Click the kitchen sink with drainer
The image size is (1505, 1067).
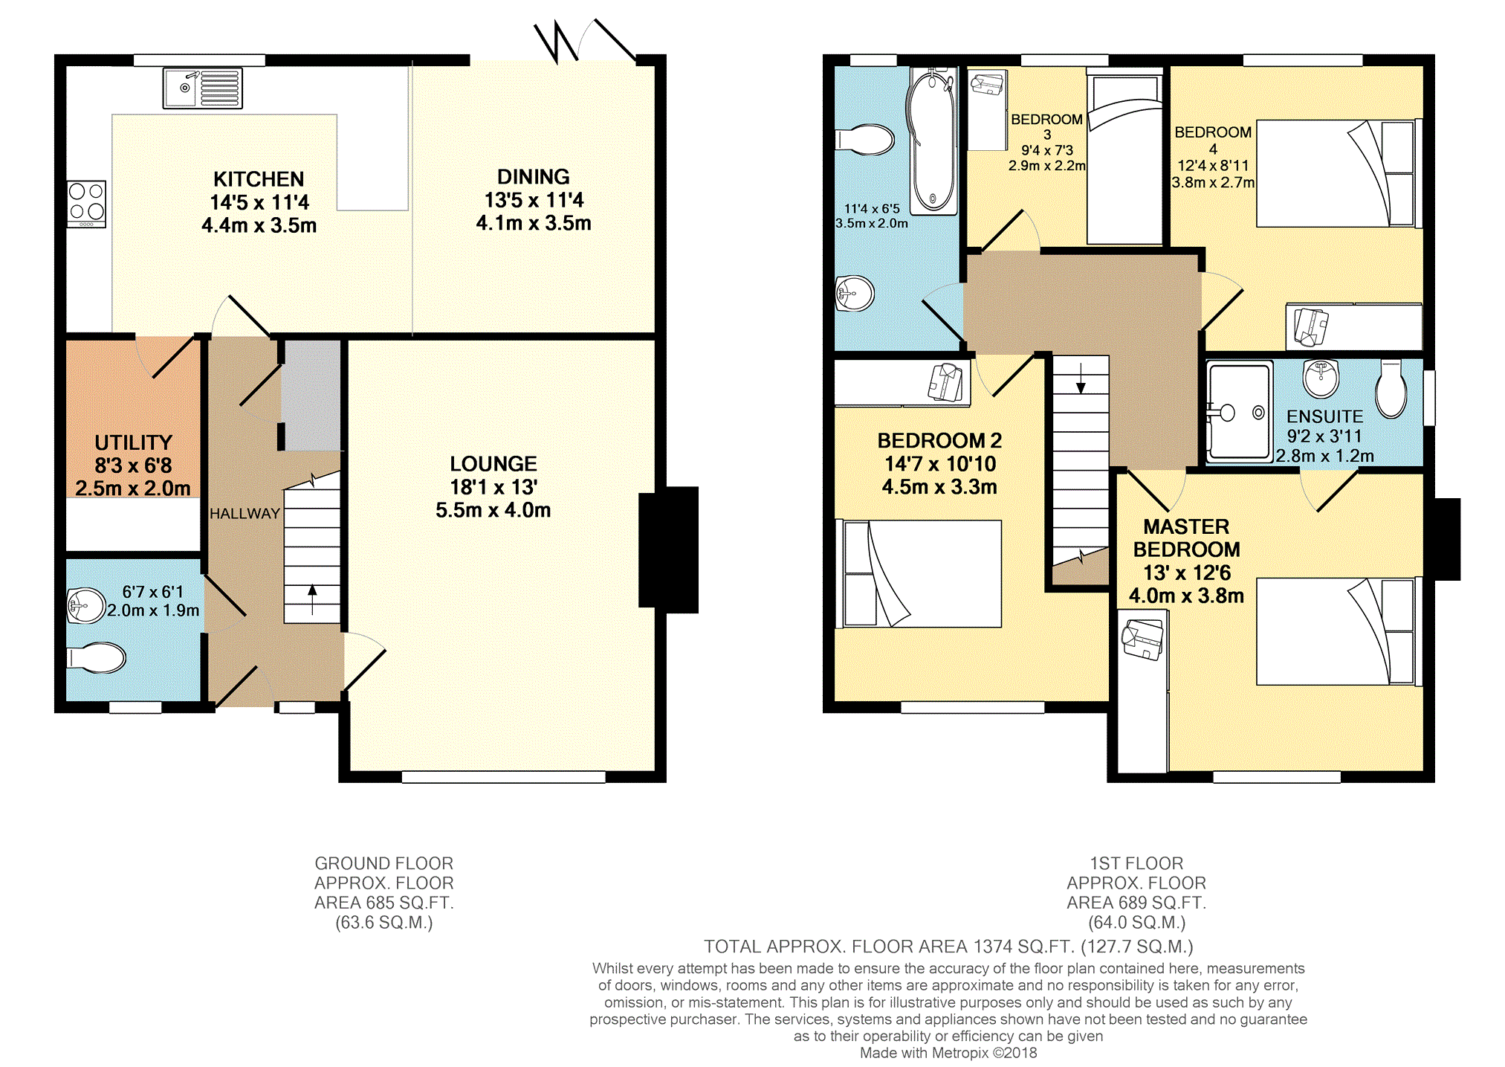pyautogui.click(x=202, y=88)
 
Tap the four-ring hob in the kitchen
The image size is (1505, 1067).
pyautogui.click(x=86, y=203)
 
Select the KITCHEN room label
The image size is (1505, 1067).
pyautogui.click(x=259, y=179)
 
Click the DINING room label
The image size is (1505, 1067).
pyautogui.click(x=533, y=177)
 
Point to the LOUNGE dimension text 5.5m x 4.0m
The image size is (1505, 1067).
pyautogui.click(x=493, y=510)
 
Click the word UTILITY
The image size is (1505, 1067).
pyautogui.click(x=133, y=442)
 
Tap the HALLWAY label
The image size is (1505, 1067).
pyautogui.click(x=245, y=513)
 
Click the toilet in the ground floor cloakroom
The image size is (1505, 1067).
pyautogui.click(x=97, y=657)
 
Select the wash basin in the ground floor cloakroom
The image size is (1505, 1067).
pyautogui.click(x=86, y=605)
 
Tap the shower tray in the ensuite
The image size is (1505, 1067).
pyautogui.click(x=1238, y=411)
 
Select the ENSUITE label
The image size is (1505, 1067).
pyautogui.click(x=1324, y=416)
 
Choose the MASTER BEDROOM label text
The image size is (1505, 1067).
pyautogui.click(x=1186, y=538)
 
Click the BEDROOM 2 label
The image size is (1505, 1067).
pyautogui.click(x=939, y=440)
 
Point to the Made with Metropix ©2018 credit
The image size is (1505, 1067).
pyautogui.click(x=948, y=1053)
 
